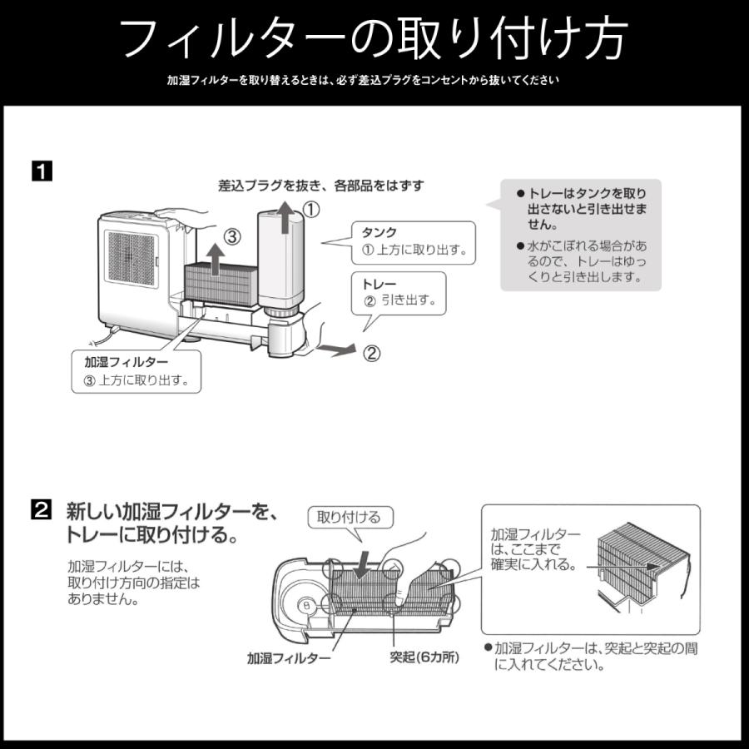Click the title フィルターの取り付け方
(374, 37)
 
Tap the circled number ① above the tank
(310, 211)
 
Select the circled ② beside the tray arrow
(372, 353)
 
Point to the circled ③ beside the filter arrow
(232, 237)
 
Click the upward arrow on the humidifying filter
(214, 258)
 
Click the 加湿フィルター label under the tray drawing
(288, 657)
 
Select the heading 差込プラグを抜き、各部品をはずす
(320, 186)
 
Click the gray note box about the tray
(580, 235)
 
